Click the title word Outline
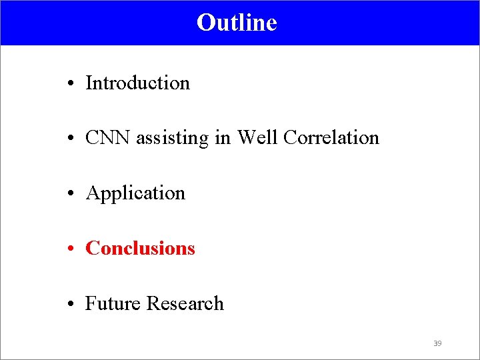(x=237, y=23)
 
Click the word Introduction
(x=138, y=83)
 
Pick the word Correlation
(x=331, y=138)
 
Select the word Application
(x=136, y=193)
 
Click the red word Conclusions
(x=141, y=249)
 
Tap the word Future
(x=113, y=304)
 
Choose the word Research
(x=185, y=304)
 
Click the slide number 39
(x=437, y=343)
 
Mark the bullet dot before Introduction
(x=70, y=85)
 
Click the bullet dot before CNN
(x=70, y=139)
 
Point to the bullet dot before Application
(x=70, y=195)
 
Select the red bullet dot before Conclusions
(x=70, y=250)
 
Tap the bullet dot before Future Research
(x=70, y=305)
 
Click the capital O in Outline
(x=205, y=23)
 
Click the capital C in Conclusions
(x=92, y=249)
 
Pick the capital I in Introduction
(x=89, y=83)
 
